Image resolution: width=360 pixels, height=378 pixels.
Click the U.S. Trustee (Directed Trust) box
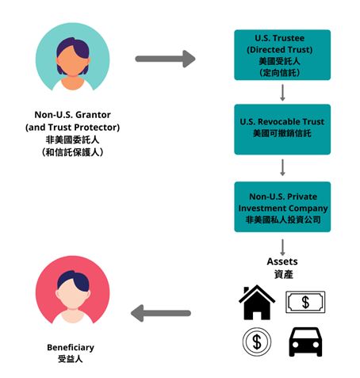point(282,55)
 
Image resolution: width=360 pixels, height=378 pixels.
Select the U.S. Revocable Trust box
point(282,129)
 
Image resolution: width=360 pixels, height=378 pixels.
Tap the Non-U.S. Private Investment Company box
point(282,207)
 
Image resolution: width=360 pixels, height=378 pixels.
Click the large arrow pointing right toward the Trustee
point(165,59)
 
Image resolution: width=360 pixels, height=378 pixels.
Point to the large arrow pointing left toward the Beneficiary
point(161,313)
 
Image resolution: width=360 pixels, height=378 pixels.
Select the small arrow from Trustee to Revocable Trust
point(282,93)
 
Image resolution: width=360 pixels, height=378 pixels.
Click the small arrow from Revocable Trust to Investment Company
point(282,167)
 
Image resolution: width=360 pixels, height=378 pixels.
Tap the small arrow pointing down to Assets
point(282,247)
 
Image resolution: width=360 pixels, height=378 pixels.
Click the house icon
point(257,303)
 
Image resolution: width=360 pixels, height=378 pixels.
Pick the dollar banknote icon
point(305,302)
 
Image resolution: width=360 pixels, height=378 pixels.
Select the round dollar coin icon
point(257,342)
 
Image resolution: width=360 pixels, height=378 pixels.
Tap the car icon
point(305,342)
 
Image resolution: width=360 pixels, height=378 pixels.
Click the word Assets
point(282,262)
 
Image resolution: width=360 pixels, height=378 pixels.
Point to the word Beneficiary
point(71,347)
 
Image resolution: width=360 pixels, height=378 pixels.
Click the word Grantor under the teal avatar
point(92,115)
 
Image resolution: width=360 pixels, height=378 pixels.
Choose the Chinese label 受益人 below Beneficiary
point(71,359)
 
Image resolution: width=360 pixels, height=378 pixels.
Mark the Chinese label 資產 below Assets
point(284,274)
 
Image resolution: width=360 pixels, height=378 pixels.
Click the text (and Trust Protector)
point(73,128)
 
